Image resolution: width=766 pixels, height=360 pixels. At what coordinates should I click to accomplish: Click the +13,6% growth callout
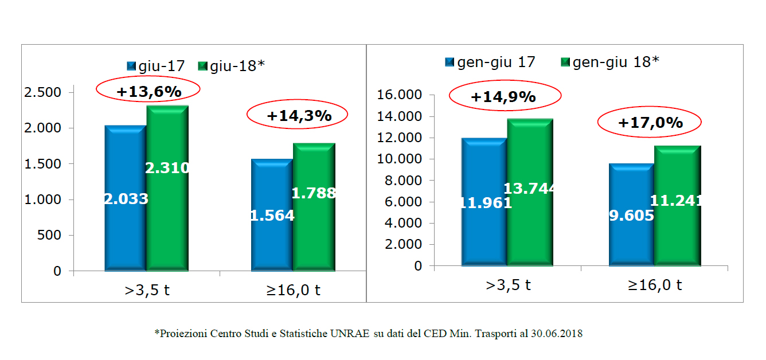click(x=148, y=91)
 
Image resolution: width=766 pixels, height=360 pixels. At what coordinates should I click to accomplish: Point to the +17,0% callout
click(x=650, y=122)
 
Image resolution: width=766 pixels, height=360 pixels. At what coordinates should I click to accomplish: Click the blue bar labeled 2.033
click(x=125, y=198)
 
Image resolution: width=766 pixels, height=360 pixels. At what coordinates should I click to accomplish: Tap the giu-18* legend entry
click(x=230, y=66)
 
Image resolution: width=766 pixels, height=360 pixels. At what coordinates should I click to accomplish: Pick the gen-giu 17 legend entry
click(x=490, y=62)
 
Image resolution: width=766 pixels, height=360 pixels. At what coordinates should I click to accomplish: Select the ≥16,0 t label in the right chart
click(x=654, y=285)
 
